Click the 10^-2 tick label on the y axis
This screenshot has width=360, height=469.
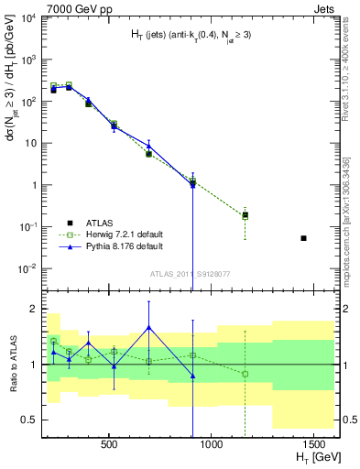point(27,268)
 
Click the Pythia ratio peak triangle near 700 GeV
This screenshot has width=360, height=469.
point(148,328)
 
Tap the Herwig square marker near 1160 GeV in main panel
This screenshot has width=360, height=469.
point(245,215)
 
